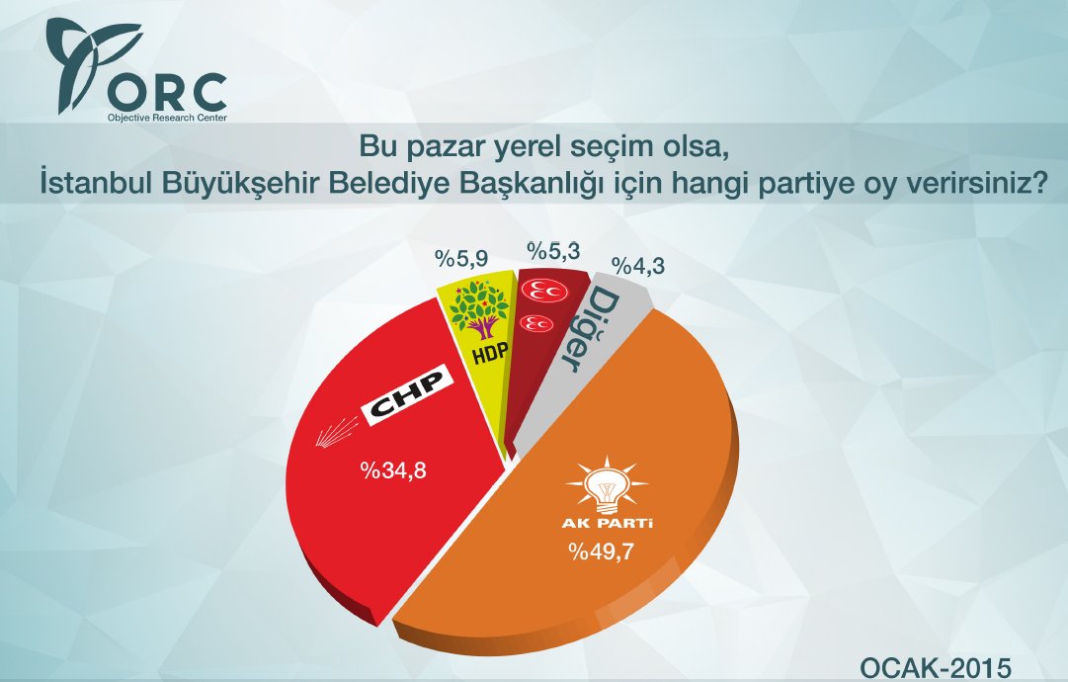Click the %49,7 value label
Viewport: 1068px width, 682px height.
[602, 552]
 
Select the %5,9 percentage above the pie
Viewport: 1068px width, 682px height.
[462, 259]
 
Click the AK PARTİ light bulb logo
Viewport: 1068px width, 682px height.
[605, 481]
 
